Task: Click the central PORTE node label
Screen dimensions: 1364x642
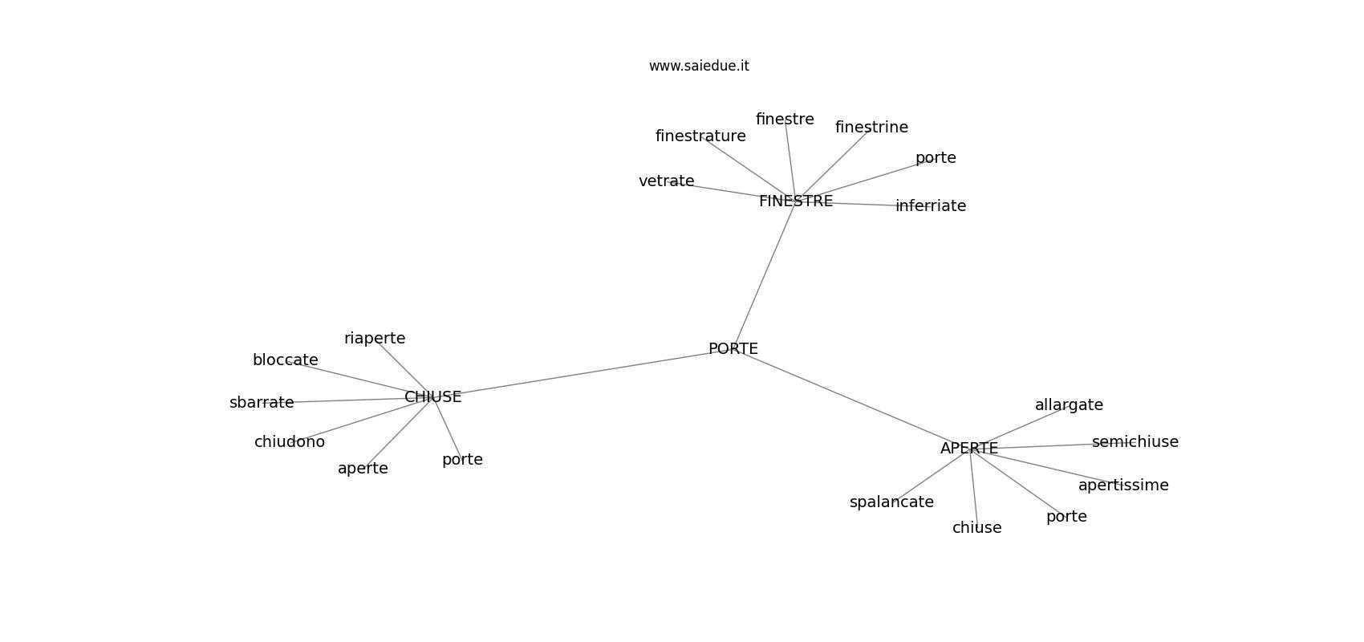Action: (733, 349)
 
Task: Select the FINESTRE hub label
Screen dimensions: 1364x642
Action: (796, 201)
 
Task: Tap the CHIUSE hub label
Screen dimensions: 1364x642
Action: (433, 397)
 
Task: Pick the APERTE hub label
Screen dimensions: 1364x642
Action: (969, 449)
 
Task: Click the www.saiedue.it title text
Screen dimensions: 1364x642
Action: (699, 66)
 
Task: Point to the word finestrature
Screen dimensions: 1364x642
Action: (701, 136)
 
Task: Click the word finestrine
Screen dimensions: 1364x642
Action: (872, 128)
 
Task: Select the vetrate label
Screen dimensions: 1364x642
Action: (667, 181)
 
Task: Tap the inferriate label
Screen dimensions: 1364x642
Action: (931, 206)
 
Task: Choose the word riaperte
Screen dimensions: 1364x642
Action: (376, 339)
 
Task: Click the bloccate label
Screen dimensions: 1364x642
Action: (286, 360)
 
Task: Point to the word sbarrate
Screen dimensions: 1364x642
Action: (262, 403)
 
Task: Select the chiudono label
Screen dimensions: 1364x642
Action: (290, 441)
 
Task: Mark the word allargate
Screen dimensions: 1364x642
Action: (1070, 406)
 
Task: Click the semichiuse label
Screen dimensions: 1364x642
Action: (1135, 441)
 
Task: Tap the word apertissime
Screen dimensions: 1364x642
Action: (1124, 486)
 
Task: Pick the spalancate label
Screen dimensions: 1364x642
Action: (892, 502)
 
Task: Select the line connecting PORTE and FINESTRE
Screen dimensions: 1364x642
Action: (765, 274)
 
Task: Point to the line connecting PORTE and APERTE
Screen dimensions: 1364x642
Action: (851, 399)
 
